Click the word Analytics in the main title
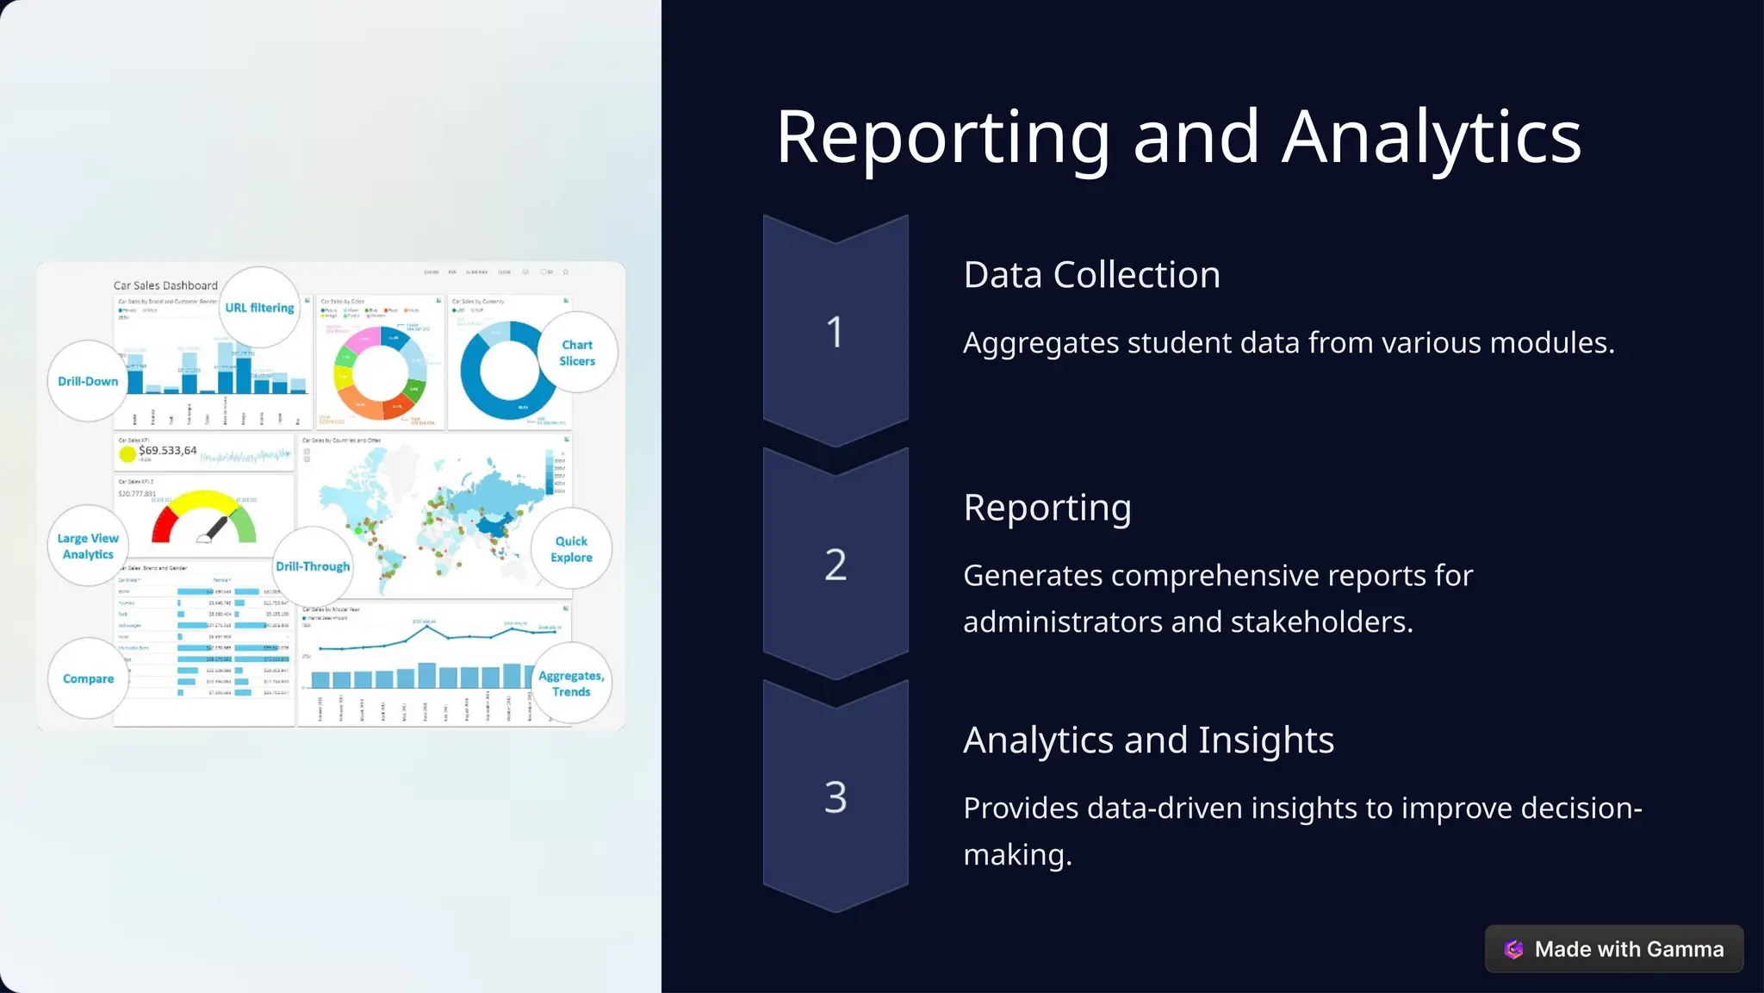(1431, 138)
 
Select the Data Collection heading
(1091, 275)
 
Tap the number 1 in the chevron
(835, 332)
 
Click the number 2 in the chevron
(835, 565)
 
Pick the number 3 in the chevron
(835, 797)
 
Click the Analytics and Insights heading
(1148, 740)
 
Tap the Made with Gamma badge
(1613, 949)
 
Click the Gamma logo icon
(1513, 949)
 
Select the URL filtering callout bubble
(259, 308)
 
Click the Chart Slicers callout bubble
(577, 353)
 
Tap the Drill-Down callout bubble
(88, 381)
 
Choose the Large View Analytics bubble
(88, 546)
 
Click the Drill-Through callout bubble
(313, 566)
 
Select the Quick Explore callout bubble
(571, 549)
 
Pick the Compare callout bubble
(88, 678)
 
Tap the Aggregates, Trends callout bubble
(571, 684)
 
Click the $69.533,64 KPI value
(168, 451)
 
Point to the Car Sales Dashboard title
(165, 285)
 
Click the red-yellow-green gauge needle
(214, 528)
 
